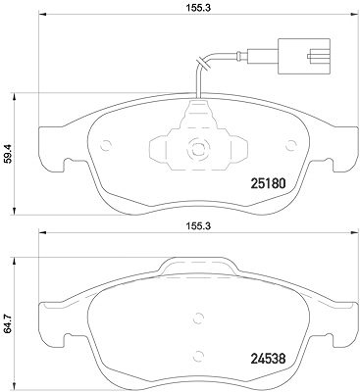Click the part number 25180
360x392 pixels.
pyautogui.click(x=268, y=183)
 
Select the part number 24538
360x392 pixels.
pyautogui.click(x=268, y=359)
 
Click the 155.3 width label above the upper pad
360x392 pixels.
pyautogui.click(x=197, y=8)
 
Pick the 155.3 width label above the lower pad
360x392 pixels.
pyautogui.click(x=197, y=225)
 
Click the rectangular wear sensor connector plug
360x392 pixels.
pyautogui.click(x=304, y=56)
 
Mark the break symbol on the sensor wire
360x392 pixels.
pyautogui.click(x=202, y=64)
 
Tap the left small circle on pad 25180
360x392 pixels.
pyautogui.click(x=106, y=145)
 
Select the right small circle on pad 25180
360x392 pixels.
pyautogui.click(x=290, y=145)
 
